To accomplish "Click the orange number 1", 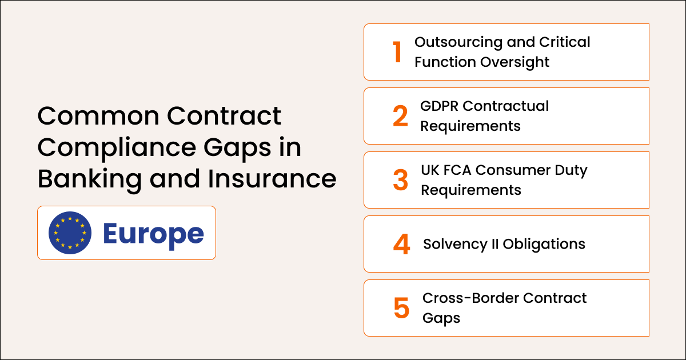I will pos(397,52).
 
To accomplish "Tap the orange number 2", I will pos(401,116).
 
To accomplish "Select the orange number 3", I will pos(401,180).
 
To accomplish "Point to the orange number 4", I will pos(401,244).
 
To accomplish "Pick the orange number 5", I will pos(401,308).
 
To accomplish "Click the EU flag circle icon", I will pos(70,233).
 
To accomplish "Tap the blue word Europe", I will pos(153,233).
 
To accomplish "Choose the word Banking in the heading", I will pos(86,179).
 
